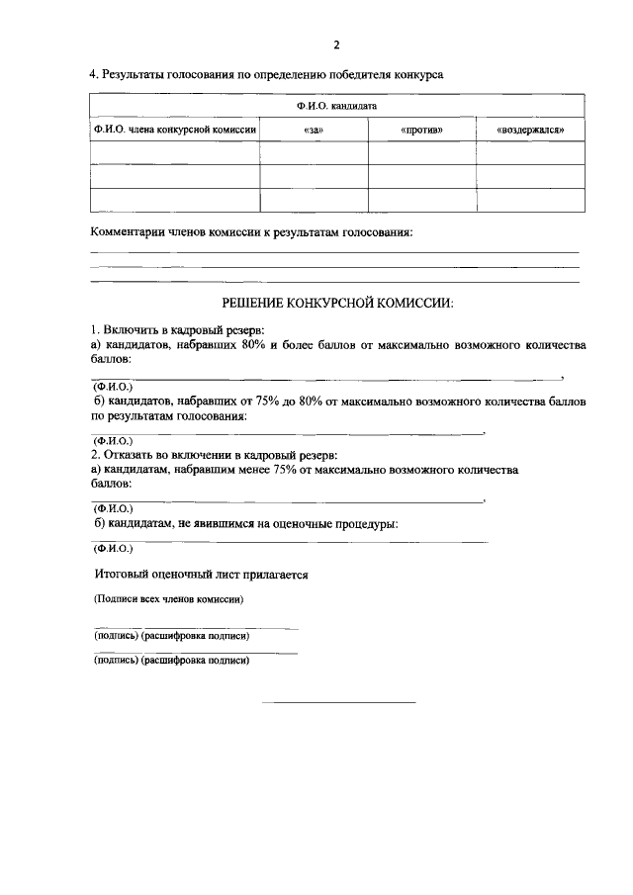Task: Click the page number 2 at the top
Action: (x=336, y=45)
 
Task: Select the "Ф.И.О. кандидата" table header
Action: (x=337, y=105)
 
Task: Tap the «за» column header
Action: (x=314, y=130)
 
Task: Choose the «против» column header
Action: (x=421, y=130)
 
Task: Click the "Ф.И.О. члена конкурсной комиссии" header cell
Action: (x=175, y=130)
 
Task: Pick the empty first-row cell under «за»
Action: (x=314, y=152)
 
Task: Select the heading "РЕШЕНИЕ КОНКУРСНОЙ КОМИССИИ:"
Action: (x=336, y=304)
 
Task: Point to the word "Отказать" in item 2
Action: (x=133, y=455)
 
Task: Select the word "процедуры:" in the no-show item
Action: (x=364, y=523)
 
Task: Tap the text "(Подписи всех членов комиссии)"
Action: (x=168, y=599)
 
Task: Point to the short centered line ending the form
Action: (x=337, y=703)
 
